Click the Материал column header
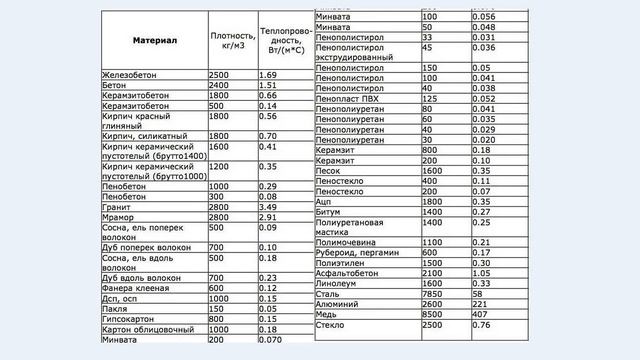155,42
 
